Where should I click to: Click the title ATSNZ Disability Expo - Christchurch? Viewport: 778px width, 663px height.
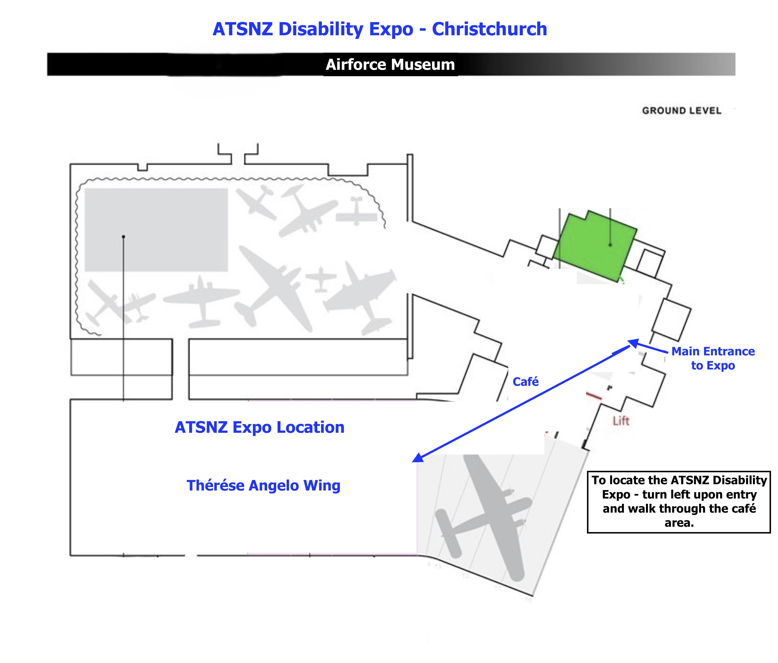coord(380,29)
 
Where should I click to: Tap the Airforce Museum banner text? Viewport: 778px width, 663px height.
coord(390,65)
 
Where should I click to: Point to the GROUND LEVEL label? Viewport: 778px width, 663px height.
coord(681,111)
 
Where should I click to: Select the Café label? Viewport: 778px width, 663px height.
coord(526,382)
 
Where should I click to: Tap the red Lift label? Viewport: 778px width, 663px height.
coord(621,421)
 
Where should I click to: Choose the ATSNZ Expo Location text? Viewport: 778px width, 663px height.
coord(259,427)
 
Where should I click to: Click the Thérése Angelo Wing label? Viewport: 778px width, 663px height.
coord(263,486)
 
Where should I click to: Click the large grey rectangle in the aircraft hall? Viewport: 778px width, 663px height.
coord(156,230)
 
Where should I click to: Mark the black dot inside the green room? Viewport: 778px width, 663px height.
coord(610,245)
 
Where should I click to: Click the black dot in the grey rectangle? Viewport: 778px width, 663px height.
coord(124,237)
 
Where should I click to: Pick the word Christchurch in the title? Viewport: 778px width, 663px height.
coord(489,29)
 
